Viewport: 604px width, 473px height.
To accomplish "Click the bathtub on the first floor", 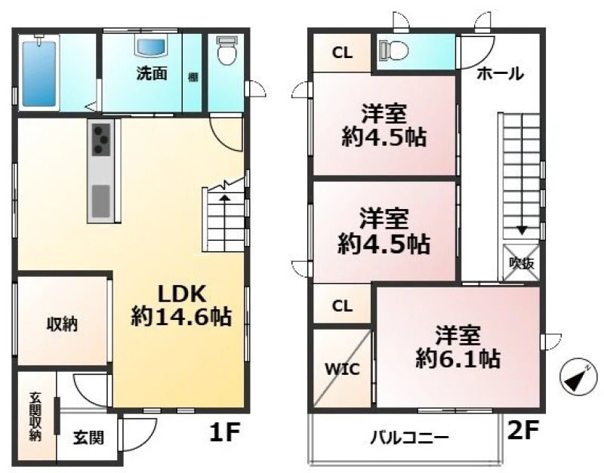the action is click(x=39, y=73).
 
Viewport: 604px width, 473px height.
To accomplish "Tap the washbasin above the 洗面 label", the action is click(x=153, y=46).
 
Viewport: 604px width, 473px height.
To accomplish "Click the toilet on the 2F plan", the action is click(x=393, y=50).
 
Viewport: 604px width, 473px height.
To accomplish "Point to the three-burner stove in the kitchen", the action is click(x=101, y=140).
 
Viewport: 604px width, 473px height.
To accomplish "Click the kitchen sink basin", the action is click(x=101, y=201).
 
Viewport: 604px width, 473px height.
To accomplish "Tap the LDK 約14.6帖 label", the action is click(x=181, y=306).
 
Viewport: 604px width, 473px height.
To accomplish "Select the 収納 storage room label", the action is click(x=62, y=324).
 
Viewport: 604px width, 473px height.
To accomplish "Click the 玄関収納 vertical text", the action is click(x=35, y=416).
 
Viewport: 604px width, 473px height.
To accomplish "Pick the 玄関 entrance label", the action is click(x=88, y=438).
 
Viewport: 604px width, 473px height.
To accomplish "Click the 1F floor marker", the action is click(x=224, y=431).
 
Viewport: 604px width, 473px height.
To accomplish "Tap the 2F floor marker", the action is click(x=522, y=430).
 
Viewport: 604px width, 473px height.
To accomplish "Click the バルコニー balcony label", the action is click(x=409, y=438).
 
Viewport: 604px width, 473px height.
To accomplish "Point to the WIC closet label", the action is click(x=343, y=369).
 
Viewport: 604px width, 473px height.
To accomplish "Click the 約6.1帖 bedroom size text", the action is click(x=458, y=358).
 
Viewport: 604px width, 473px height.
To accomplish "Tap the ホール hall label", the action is click(x=501, y=73).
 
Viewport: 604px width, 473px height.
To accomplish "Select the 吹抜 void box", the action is click(x=522, y=263).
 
